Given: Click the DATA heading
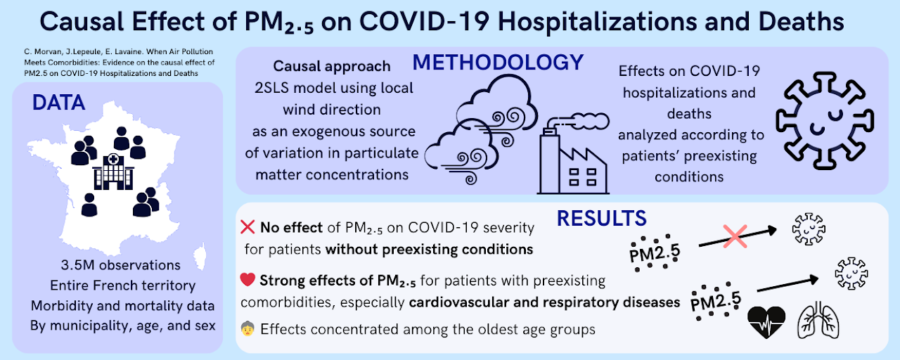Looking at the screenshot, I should click(58, 103).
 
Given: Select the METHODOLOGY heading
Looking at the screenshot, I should click(498, 62).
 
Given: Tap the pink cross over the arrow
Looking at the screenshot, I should click(735, 236).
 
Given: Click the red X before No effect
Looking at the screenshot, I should click(247, 227).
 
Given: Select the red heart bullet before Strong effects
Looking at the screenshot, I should click(247, 281).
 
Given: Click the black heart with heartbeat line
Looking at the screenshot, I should click(765, 321).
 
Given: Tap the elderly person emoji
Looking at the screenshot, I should click(247, 328).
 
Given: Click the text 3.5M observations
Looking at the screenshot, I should click(122, 265).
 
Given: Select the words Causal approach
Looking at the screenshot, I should click(332, 66).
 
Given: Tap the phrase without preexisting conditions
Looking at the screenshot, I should click(429, 248).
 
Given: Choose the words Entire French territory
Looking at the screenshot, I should click(122, 285).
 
